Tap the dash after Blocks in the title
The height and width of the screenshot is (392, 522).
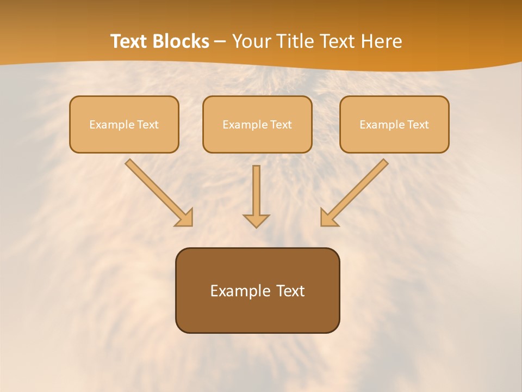point(220,42)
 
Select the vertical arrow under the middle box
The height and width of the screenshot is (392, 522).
point(256,191)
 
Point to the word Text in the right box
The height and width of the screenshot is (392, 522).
point(418,125)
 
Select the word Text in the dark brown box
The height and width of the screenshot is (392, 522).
point(291,291)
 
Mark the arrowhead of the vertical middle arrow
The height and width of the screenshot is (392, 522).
point(256,220)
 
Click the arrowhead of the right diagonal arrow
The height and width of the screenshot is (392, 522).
point(327,218)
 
